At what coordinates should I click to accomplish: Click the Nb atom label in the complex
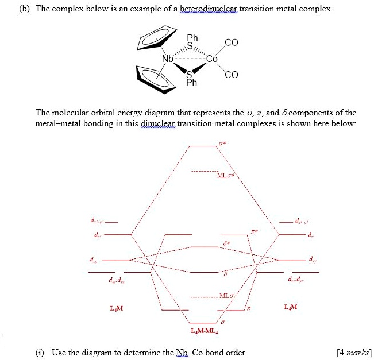(x=167, y=59)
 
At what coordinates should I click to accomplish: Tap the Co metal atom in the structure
(x=211, y=59)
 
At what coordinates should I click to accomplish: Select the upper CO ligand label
(x=231, y=42)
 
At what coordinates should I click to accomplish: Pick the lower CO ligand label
(x=231, y=75)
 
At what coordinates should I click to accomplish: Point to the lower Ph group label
(x=191, y=83)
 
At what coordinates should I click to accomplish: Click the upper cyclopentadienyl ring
(x=156, y=38)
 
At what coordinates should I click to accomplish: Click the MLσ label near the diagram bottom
(x=225, y=296)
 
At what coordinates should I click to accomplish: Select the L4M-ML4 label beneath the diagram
(x=204, y=331)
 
